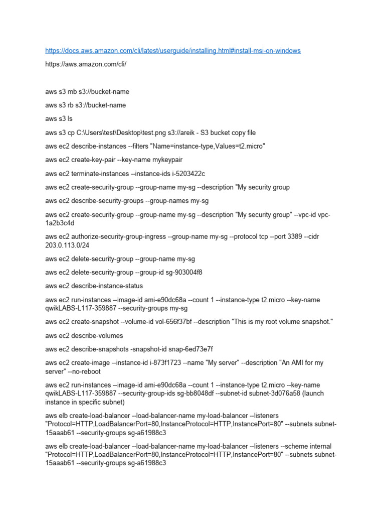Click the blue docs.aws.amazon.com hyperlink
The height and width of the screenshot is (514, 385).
click(x=173, y=51)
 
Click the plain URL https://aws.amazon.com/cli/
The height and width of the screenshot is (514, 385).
click(x=86, y=64)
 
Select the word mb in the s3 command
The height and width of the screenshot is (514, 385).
click(x=72, y=92)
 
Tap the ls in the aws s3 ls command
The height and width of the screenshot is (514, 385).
click(x=70, y=119)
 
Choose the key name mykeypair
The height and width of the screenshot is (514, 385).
click(x=167, y=160)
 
